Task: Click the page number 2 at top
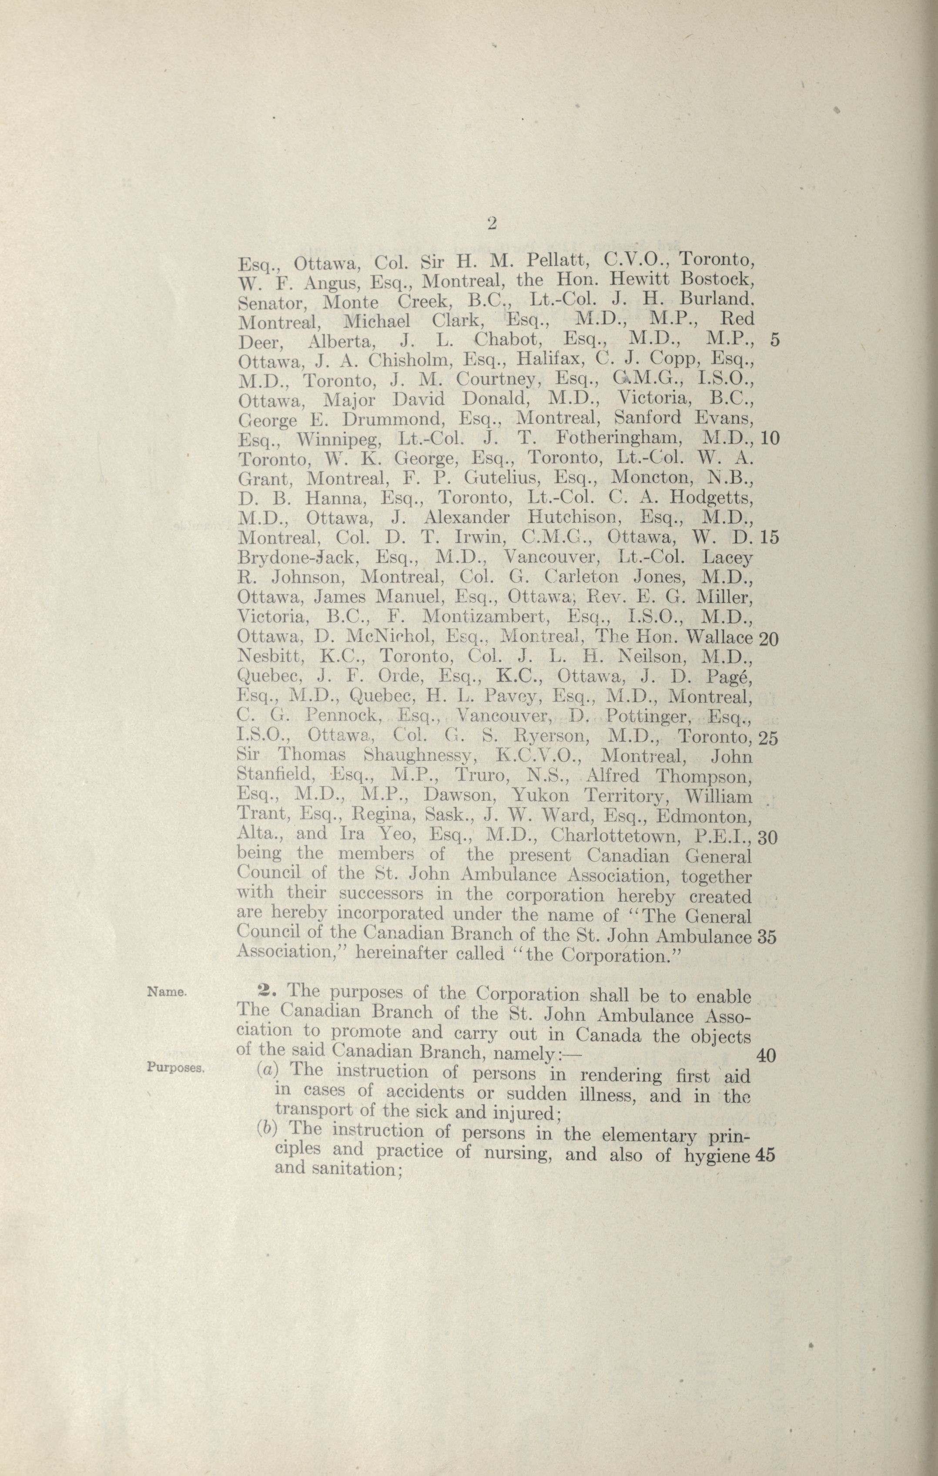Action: click(x=491, y=224)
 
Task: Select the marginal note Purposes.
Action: click(x=174, y=1067)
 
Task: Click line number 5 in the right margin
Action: click(x=774, y=341)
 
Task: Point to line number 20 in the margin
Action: click(x=768, y=639)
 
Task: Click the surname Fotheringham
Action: click(x=619, y=439)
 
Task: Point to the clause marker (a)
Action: click(x=268, y=1070)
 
